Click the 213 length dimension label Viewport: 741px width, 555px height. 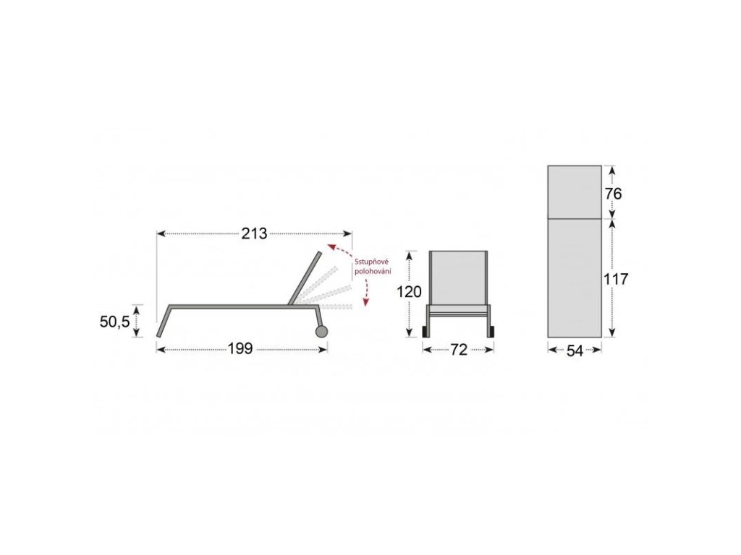[254, 233]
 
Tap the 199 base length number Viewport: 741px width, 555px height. [240, 349]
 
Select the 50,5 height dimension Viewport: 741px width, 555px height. [114, 322]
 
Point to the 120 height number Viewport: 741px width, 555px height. [409, 292]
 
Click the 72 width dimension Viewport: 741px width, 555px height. [458, 349]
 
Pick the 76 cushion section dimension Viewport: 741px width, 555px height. [613, 194]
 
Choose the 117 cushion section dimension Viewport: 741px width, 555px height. [616, 279]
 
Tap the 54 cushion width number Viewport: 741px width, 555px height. [575, 350]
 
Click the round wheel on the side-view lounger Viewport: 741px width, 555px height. [321, 331]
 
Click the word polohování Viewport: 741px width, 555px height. [373, 272]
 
